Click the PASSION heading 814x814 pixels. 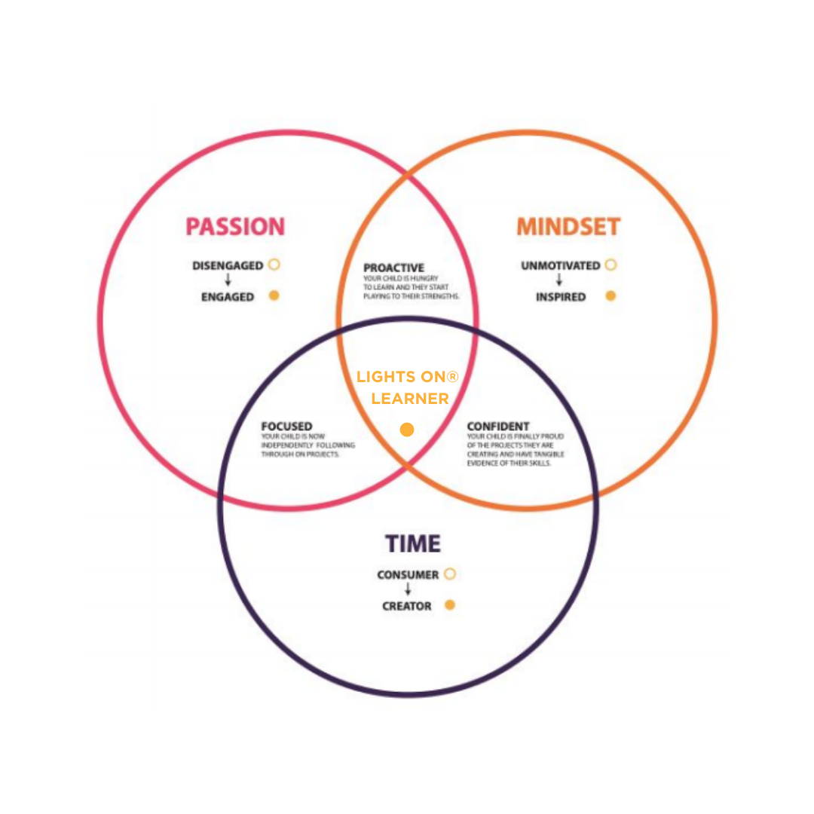click(235, 227)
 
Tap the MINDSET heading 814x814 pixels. click(568, 227)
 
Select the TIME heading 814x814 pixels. click(412, 543)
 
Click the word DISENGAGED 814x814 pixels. click(228, 266)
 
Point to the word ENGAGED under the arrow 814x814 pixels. click(228, 297)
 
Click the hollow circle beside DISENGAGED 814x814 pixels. click(274, 265)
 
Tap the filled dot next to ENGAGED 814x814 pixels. click(274, 295)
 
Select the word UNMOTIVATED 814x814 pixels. click(560, 266)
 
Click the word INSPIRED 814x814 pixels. click(561, 297)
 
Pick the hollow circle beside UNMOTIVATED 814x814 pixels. click(610, 265)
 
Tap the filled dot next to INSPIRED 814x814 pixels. click(610, 295)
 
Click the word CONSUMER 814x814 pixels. click(408, 575)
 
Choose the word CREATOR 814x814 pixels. click(407, 606)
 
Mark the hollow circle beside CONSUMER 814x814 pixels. click(450, 574)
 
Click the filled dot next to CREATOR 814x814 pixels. click(450, 604)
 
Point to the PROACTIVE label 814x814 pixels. click(393, 268)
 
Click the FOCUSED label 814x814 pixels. click(286, 427)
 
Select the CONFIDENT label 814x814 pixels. click(498, 427)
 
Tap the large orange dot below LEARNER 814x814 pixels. click(407, 430)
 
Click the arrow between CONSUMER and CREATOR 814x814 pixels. click(408, 590)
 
